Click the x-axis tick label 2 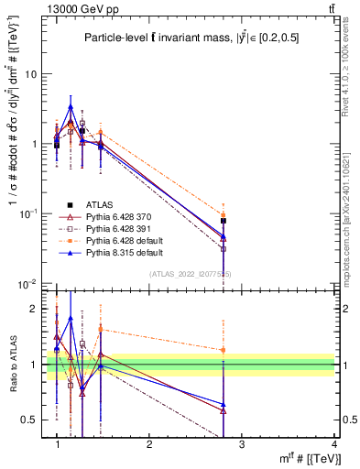click(x=149, y=444)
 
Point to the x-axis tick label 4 click(x=333, y=444)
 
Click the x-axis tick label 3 click(x=242, y=444)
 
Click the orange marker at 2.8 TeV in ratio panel click(x=224, y=350)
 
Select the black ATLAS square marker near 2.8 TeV click(x=224, y=221)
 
